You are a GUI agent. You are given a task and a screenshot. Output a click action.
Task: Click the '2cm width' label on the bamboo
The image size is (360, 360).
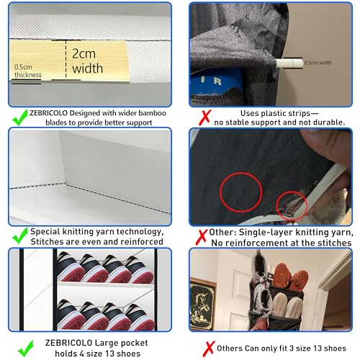tap(87, 61)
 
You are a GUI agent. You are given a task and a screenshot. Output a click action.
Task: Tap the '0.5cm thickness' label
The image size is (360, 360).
tap(27, 71)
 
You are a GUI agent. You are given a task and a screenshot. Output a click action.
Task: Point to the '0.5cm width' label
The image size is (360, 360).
tap(318, 63)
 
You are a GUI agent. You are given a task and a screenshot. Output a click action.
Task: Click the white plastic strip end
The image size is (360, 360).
tap(289, 63)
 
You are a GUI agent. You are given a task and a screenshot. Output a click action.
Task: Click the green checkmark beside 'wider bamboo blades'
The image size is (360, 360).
tap(20, 117)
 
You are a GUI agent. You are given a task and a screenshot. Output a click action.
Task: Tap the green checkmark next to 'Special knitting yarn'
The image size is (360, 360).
tap(20, 235)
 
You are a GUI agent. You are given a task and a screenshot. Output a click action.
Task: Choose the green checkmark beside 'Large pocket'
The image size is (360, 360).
tap(26, 348)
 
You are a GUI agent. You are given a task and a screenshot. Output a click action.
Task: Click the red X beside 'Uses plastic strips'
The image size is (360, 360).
tap(205, 117)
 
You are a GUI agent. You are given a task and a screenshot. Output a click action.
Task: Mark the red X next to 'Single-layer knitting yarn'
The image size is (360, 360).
tap(202, 237)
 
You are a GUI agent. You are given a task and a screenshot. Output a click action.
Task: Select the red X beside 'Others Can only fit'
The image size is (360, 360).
tap(209, 348)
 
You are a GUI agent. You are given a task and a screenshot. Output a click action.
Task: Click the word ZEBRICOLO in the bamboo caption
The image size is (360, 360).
tap(48, 113)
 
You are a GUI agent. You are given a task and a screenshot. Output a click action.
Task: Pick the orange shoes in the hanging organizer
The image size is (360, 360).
tap(290, 277)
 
